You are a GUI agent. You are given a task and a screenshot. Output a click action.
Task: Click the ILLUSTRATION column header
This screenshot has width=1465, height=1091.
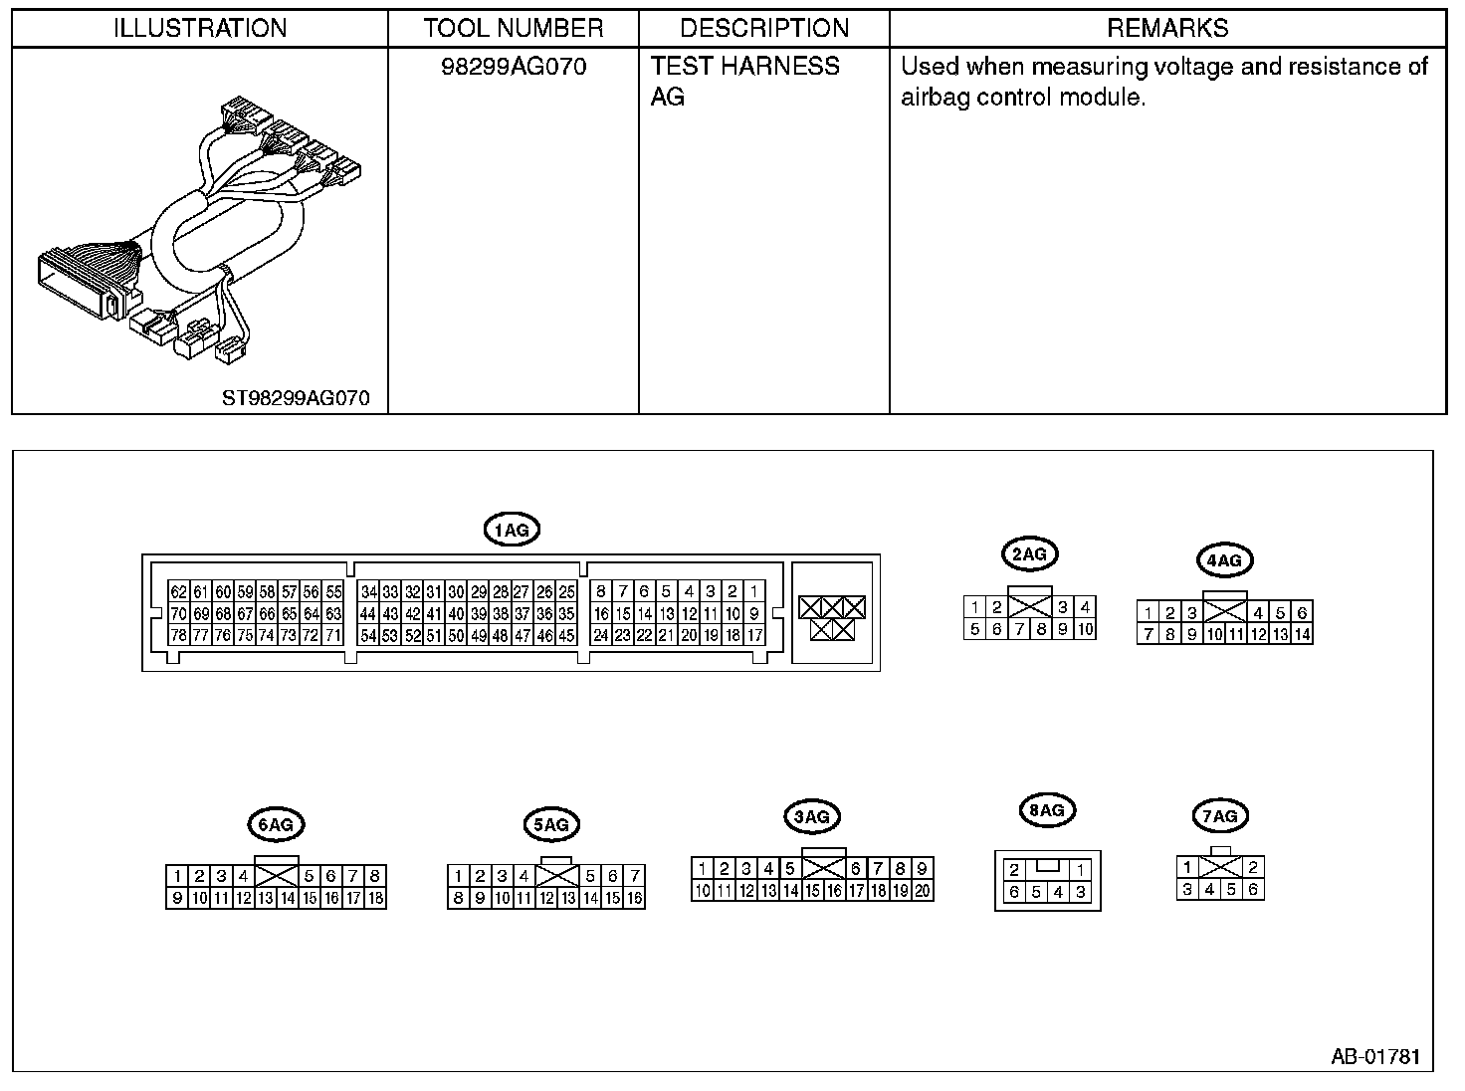(200, 28)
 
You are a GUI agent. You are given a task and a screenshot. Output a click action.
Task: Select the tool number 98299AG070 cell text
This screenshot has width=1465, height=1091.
(514, 67)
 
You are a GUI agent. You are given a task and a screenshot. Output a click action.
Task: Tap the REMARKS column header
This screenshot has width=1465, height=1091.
(1167, 28)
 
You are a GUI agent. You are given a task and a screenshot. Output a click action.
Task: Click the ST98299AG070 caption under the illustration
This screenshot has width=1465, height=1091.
(296, 398)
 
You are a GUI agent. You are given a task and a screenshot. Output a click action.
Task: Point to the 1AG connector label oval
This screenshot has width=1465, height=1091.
(512, 531)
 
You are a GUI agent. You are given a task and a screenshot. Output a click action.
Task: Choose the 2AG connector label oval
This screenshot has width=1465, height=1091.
(1028, 553)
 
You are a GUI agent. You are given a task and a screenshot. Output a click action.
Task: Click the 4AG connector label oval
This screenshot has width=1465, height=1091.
(1224, 560)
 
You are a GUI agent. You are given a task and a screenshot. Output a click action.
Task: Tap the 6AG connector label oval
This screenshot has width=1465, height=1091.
(275, 824)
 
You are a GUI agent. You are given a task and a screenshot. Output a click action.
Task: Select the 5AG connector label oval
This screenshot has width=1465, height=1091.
(550, 824)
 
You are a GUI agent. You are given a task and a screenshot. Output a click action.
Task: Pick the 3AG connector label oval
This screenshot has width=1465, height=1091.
(812, 817)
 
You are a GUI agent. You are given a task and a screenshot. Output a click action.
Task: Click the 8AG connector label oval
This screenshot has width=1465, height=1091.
(1047, 810)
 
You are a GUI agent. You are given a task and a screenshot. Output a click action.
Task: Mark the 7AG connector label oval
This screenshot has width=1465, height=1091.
(1219, 817)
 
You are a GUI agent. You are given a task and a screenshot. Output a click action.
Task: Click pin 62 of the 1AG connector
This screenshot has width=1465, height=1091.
(178, 591)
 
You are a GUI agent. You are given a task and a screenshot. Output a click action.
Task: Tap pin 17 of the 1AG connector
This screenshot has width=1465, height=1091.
(754, 635)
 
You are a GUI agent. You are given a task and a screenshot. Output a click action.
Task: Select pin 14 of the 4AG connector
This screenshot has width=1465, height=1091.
(1302, 634)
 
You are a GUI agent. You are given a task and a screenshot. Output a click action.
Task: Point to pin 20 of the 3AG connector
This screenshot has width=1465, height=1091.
(922, 891)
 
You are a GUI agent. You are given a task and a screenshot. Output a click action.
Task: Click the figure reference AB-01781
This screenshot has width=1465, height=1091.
(1375, 1056)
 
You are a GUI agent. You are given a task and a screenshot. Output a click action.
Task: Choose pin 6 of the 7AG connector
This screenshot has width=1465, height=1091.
(1253, 890)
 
